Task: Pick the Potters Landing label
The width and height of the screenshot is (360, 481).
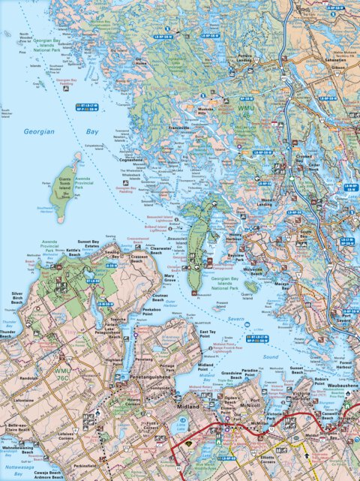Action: [x=245, y=58]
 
